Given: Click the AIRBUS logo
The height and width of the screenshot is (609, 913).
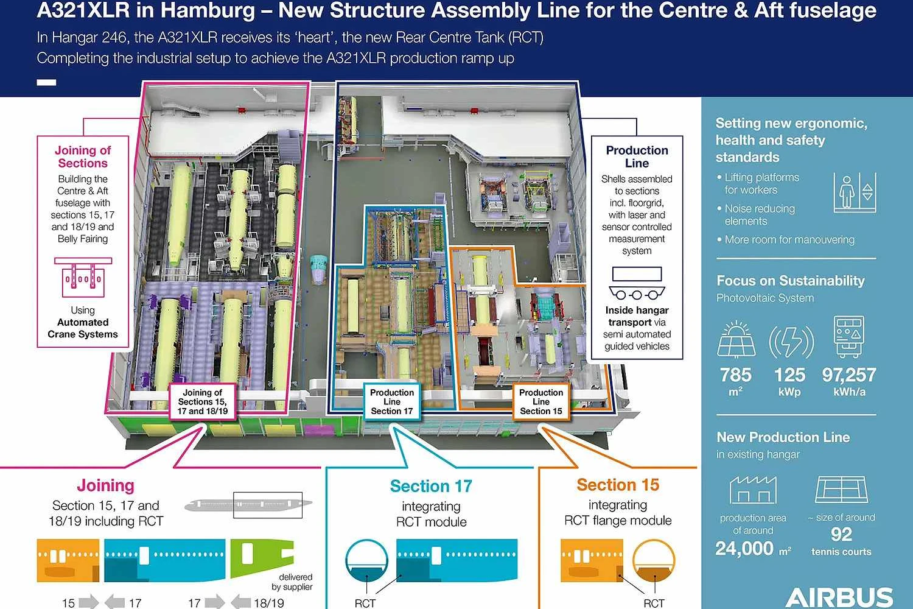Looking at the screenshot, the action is pyautogui.click(x=839, y=597).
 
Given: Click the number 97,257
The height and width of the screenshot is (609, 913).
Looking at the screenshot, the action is pyautogui.click(x=849, y=375).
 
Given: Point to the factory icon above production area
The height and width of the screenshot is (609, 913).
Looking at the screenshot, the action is pyautogui.click(x=754, y=490).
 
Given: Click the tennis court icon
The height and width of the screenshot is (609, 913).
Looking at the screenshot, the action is pyautogui.click(x=841, y=489).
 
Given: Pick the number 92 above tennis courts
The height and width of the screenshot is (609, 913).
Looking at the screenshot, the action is pyautogui.click(x=841, y=534).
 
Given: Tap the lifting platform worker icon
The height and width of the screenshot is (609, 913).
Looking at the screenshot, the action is pyautogui.click(x=855, y=192).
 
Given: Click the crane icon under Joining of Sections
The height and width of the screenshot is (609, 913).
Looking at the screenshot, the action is pyautogui.click(x=83, y=277).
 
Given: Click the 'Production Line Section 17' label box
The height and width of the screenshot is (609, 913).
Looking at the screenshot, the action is pyautogui.click(x=392, y=402).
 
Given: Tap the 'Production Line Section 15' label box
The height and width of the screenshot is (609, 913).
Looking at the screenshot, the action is pyautogui.click(x=541, y=402).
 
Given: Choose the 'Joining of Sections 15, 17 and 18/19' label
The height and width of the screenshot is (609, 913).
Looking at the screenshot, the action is pyautogui.click(x=203, y=402).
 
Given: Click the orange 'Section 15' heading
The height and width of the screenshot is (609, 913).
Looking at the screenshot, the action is pyautogui.click(x=618, y=485).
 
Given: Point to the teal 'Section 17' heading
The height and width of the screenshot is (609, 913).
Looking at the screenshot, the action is pyautogui.click(x=431, y=486).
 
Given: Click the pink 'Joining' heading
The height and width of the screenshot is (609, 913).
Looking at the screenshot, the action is pyautogui.click(x=105, y=485).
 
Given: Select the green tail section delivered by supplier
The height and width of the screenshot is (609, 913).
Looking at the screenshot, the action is pyautogui.click(x=262, y=558).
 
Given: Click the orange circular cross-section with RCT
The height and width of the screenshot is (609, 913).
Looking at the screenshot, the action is pyautogui.click(x=654, y=560).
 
